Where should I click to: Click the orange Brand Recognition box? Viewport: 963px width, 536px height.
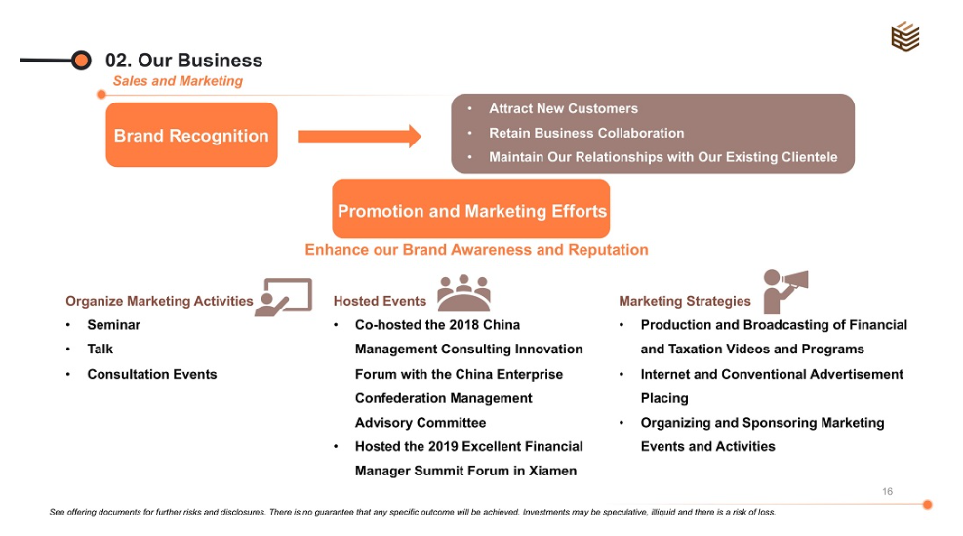point(191,136)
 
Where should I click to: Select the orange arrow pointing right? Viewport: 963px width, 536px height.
point(359,136)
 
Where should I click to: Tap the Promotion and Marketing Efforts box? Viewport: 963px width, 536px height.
point(471,210)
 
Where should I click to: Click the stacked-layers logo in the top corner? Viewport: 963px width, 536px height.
point(904,37)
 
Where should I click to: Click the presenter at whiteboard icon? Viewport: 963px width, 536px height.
point(284,297)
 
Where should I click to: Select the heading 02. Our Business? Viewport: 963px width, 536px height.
point(184,61)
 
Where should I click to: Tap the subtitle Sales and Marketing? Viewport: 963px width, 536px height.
point(178,81)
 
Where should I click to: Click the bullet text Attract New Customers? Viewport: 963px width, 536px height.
point(563,108)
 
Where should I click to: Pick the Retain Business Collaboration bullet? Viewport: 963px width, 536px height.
point(586,133)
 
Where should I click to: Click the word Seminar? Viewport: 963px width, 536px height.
point(114,325)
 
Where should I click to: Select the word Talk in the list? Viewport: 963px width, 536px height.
point(100,349)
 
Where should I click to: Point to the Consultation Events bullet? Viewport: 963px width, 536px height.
point(152,374)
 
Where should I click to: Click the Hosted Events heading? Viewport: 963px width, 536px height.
point(380,301)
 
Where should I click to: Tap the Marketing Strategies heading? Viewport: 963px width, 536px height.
point(685,301)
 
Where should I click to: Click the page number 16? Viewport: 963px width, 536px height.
point(887,491)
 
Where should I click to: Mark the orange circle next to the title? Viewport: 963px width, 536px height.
point(82,61)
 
